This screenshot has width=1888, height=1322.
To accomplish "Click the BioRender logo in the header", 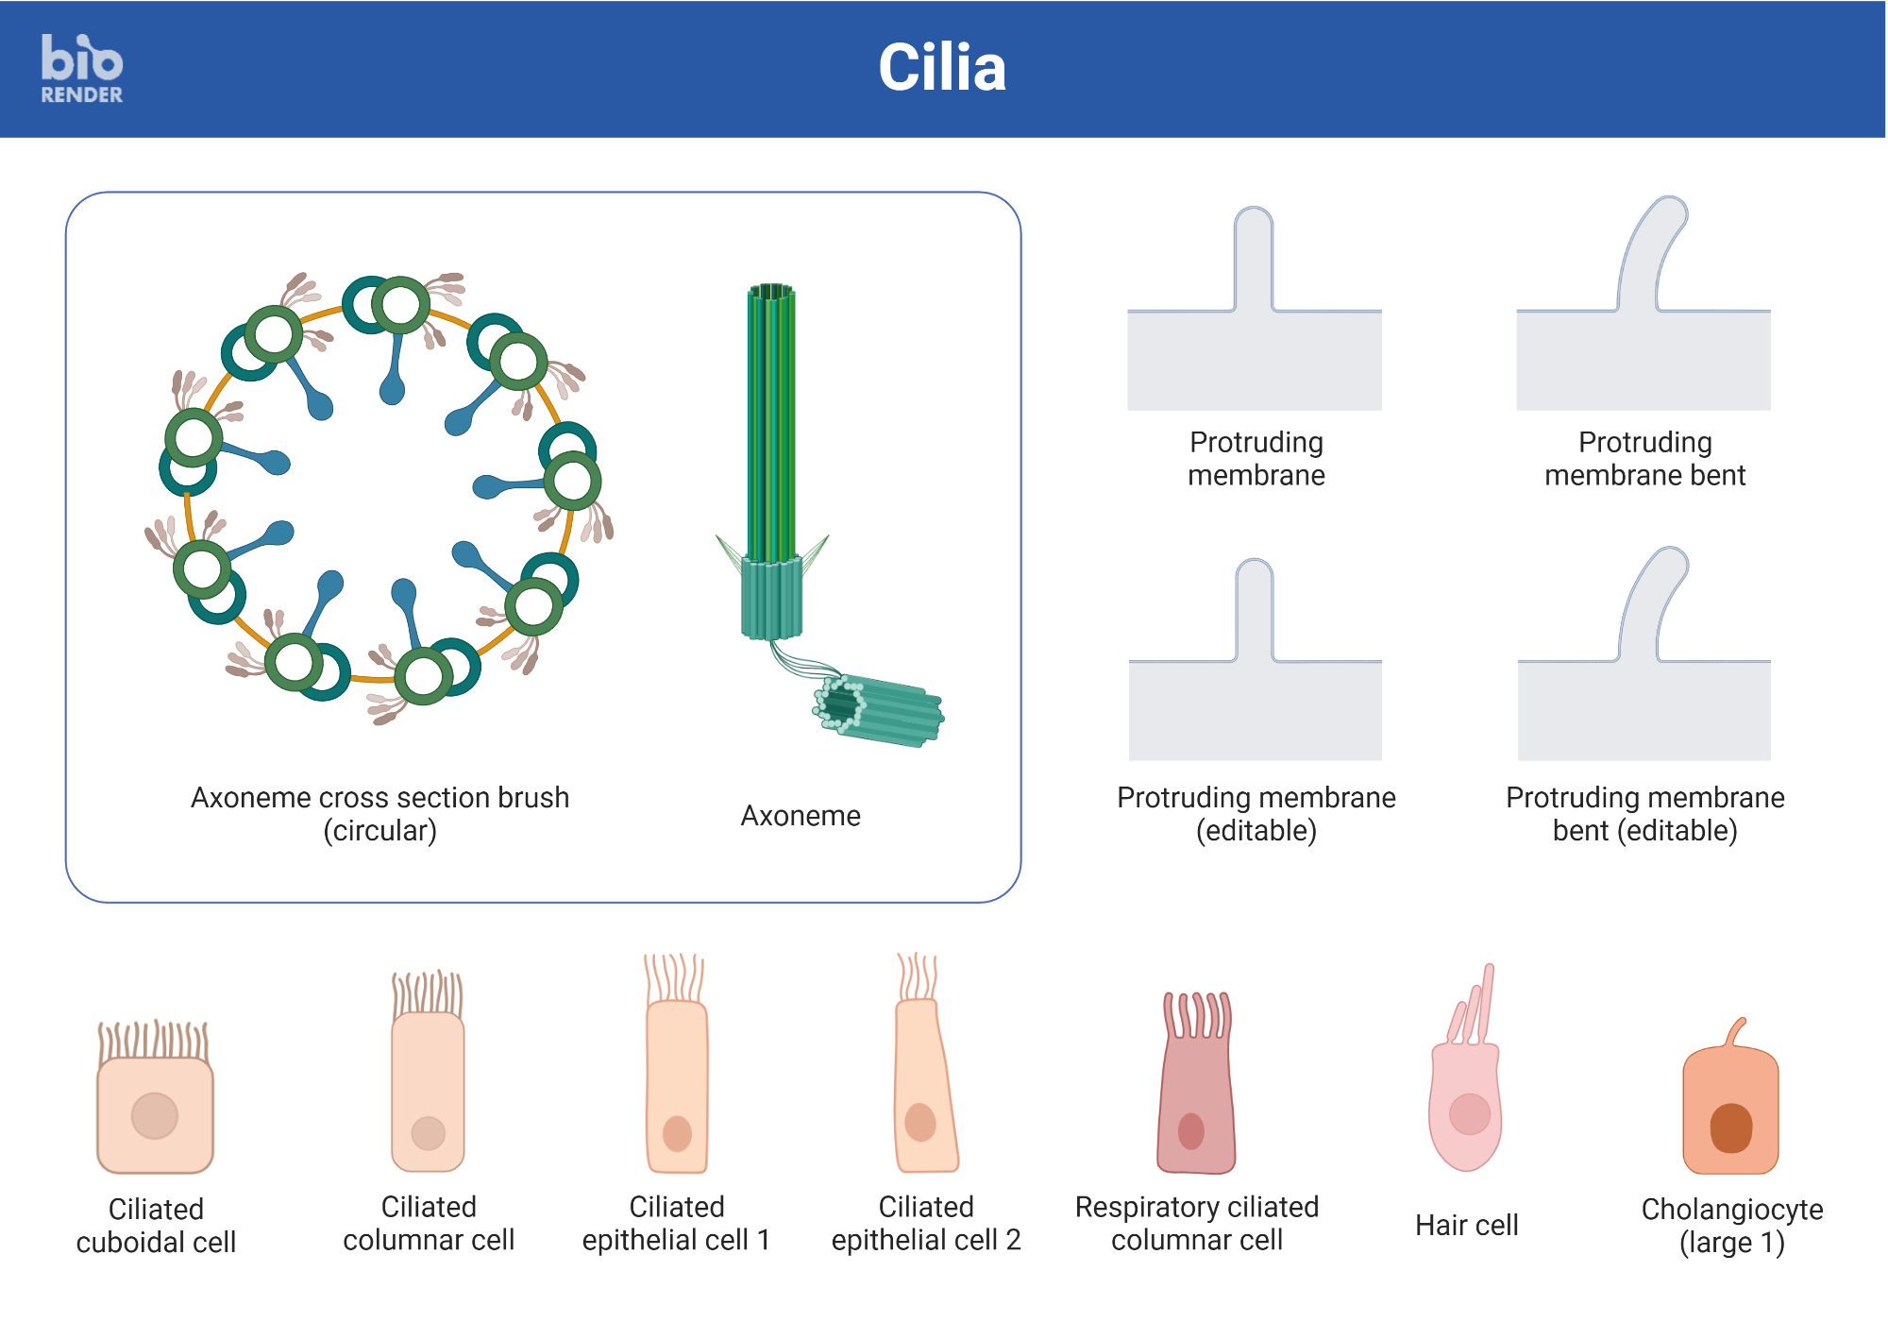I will pyautogui.click(x=81, y=68).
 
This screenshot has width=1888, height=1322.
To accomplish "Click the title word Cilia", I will pyautogui.click(x=941, y=68).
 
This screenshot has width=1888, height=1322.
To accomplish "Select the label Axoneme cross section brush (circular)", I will pyautogui.click(x=379, y=813).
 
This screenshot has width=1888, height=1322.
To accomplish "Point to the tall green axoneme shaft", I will pyautogui.click(x=771, y=425).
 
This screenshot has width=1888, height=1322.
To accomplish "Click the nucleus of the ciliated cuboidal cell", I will pyautogui.click(x=155, y=1115).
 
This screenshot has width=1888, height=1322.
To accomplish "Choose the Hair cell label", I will pyautogui.click(x=1466, y=1225).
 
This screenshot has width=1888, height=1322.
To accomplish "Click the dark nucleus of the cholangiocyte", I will pyautogui.click(x=1730, y=1127).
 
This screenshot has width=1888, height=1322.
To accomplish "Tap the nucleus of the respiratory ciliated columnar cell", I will pyautogui.click(x=1191, y=1130).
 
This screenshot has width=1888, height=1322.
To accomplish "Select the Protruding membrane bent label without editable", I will pyautogui.click(x=1644, y=458).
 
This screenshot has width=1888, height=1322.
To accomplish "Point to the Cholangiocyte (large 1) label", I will pyautogui.click(x=1731, y=1225).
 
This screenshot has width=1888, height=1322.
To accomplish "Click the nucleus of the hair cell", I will pyautogui.click(x=1469, y=1114).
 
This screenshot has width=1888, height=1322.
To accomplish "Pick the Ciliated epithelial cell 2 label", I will pyautogui.click(x=925, y=1223).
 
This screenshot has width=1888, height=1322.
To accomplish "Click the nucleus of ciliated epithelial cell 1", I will pyautogui.click(x=677, y=1133).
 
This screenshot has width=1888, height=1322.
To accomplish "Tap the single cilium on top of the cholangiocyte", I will pyautogui.click(x=1736, y=1031).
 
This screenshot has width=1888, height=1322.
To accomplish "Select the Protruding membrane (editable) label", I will pyautogui.click(x=1256, y=813).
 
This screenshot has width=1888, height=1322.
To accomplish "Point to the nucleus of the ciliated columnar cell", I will pyautogui.click(x=428, y=1133).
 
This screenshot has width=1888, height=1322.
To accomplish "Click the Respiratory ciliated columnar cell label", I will pyautogui.click(x=1196, y=1223).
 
